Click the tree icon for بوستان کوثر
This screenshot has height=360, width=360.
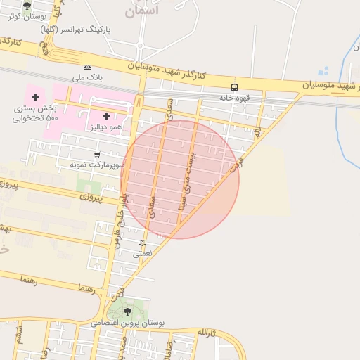pos(27,6)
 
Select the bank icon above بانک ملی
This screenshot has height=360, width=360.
pos(87,67)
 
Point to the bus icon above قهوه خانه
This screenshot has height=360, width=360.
pos(234,88)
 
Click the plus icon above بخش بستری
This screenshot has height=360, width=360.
pos(35,96)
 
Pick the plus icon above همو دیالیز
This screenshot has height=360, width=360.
pos(106,116)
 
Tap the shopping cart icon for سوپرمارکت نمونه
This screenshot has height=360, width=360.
pos(97,154)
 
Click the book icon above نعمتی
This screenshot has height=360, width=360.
pos(143,243)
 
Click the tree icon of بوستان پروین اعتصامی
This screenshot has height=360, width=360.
pos(127,311)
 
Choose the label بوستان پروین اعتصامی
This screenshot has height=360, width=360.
pos(128,323)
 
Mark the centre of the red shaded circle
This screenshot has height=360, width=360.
pos(180,179)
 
